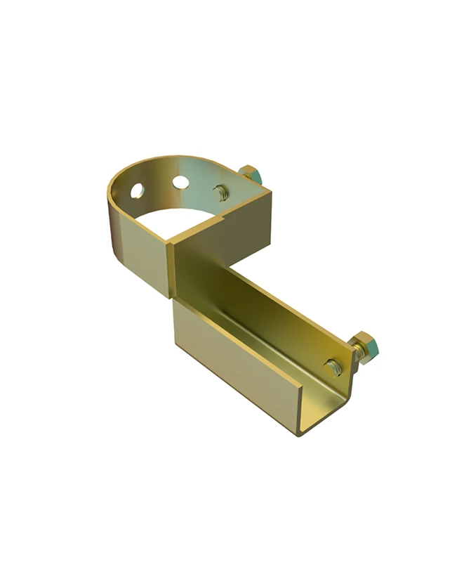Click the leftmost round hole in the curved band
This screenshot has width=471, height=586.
[x=137, y=189]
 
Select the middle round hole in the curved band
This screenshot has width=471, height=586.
[x=180, y=183]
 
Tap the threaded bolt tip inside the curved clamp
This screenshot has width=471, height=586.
[x=220, y=190]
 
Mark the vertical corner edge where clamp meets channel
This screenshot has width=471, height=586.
[x=172, y=271]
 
